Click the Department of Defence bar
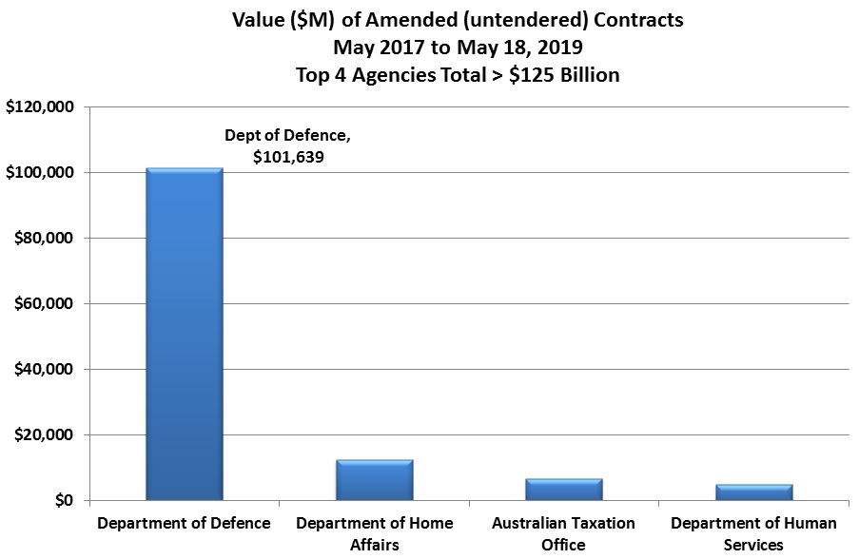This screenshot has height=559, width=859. [x=185, y=333]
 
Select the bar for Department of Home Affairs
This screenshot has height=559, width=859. [x=374, y=479]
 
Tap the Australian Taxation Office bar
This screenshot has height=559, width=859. [x=564, y=489]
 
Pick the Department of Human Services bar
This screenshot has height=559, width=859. [x=753, y=492]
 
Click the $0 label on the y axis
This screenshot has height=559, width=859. [x=64, y=501]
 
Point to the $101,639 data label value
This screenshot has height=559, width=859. [x=288, y=157]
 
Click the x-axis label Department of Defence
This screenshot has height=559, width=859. [x=185, y=524]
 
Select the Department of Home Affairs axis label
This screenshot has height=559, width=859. [x=374, y=533]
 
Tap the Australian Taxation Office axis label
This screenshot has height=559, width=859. [x=564, y=533]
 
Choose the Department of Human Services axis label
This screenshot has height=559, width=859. [x=753, y=533]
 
